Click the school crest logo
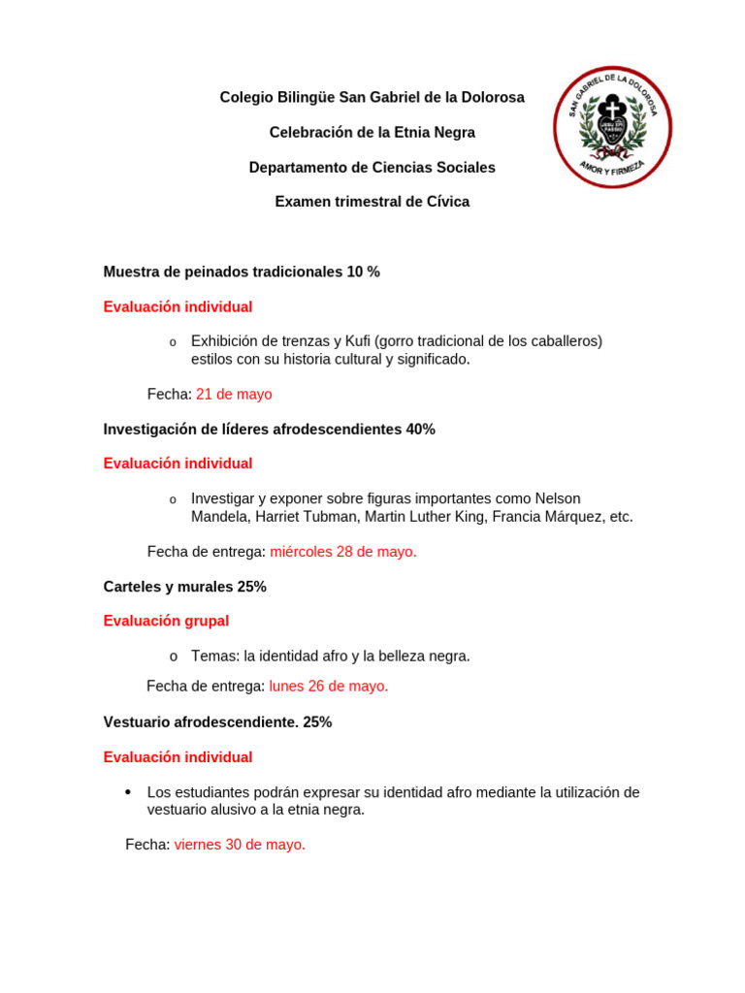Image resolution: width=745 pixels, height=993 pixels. [x=612, y=127]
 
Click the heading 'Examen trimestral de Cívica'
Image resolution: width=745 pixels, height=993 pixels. [x=372, y=202]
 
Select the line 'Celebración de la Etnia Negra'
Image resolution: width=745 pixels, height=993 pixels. [x=372, y=132]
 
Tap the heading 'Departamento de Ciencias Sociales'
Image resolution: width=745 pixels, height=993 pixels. [x=372, y=167]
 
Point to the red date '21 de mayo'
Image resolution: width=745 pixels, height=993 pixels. [x=234, y=394]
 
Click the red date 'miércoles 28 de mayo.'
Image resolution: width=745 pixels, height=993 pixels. [x=343, y=551]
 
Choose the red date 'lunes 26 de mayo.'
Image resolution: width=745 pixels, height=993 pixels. [x=329, y=686]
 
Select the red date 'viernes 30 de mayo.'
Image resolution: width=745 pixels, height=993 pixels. [x=240, y=844]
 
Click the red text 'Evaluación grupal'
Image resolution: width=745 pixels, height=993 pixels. [x=166, y=621]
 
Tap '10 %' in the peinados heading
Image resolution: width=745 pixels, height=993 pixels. [x=364, y=272]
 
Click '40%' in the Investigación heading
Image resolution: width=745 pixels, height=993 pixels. [x=421, y=429]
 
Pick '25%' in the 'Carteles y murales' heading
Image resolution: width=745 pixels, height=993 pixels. [x=251, y=587]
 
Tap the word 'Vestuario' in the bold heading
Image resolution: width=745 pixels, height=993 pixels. [x=135, y=721]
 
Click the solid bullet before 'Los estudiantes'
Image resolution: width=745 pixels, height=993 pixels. [x=128, y=792]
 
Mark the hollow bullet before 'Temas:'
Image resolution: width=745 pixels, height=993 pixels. [x=173, y=657]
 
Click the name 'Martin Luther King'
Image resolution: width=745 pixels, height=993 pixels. [x=428, y=517]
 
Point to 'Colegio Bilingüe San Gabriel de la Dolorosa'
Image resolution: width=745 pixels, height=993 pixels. [x=372, y=97]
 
